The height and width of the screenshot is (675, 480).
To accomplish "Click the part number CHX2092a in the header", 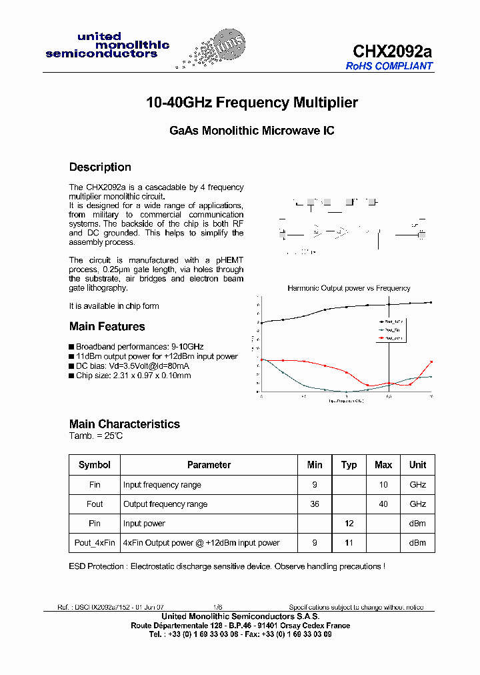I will click(392, 51).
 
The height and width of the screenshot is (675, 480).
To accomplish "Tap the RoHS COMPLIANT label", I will click(389, 66).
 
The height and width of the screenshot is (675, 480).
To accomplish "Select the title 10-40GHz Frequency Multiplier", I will click(252, 103).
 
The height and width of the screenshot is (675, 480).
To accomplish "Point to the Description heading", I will click(100, 167).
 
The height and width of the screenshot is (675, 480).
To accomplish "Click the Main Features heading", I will click(107, 327).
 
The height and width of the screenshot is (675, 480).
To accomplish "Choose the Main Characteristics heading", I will click(124, 424).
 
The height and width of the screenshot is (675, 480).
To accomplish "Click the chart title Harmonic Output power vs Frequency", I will click(349, 288).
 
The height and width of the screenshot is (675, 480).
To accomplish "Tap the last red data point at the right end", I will click(431, 362).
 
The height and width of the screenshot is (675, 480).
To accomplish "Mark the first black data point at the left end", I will click(261, 323).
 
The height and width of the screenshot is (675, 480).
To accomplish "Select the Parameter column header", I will click(209, 465).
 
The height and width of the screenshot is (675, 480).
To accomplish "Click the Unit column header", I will click(417, 465).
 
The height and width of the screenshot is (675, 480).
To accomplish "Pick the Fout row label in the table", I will click(95, 504).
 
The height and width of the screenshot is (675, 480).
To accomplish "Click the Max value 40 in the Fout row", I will click(383, 504).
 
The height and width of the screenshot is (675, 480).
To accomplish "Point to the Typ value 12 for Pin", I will click(349, 524).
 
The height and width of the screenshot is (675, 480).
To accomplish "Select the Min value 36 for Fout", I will click(315, 504).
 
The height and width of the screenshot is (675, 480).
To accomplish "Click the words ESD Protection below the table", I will click(97, 566).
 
